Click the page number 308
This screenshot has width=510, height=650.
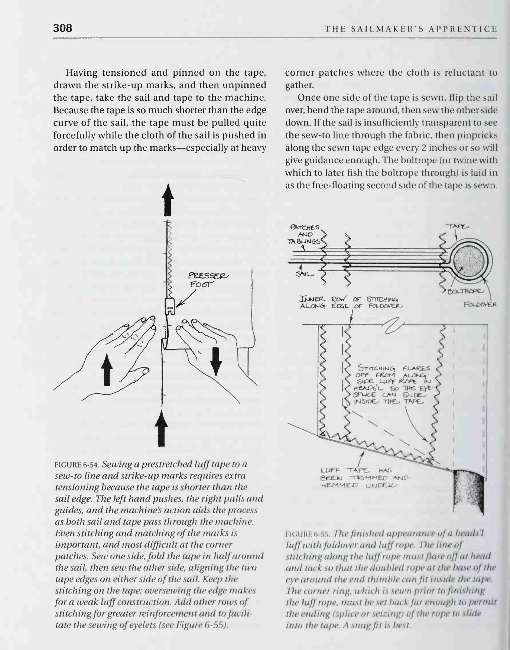point(62,28)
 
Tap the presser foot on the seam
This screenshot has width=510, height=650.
point(169,307)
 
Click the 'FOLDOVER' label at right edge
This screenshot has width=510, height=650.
point(480,305)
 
